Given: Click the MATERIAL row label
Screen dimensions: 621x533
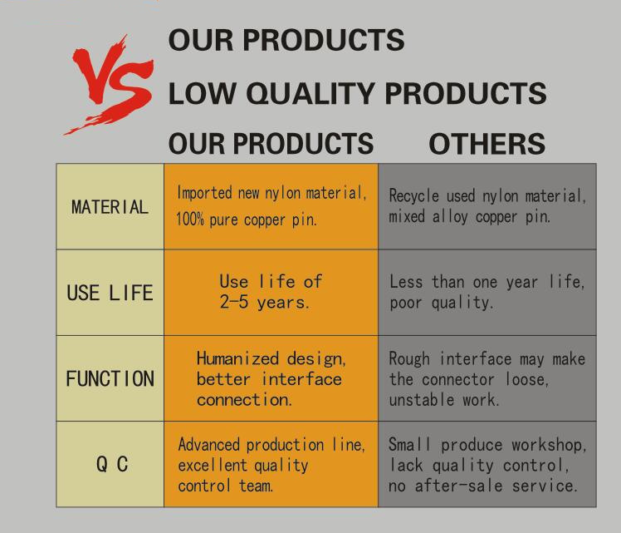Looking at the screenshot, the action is pyautogui.click(x=110, y=207).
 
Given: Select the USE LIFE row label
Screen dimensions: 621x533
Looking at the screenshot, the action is pyautogui.click(x=110, y=293).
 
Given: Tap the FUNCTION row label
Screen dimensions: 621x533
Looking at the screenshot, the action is pyautogui.click(x=110, y=378).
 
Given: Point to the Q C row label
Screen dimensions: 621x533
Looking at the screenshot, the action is pyautogui.click(x=112, y=464).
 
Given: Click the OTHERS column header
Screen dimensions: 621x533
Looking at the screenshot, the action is pyautogui.click(x=487, y=144).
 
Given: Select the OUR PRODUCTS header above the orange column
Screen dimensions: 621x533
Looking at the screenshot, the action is pyautogui.click(x=271, y=144).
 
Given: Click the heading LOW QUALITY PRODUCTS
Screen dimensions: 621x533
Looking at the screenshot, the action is pyautogui.click(x=357, y=94).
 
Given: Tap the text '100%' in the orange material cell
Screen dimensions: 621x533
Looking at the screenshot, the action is pyautogui.click(x=190, y=220).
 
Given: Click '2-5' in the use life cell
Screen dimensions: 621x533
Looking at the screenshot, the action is pyautogui.click(x=234, y=302).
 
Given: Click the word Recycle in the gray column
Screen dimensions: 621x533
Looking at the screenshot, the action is pyautogui.click(x=414, y=196).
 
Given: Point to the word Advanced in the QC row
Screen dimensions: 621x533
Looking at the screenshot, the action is pyautogui.click(x=208, y=445).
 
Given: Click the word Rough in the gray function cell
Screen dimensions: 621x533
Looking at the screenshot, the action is pyautogui.click(x=409, y=359).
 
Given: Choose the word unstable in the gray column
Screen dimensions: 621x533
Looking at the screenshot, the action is pyautogui.click(x=422, y=400).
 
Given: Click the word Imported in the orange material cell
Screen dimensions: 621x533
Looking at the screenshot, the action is pyautogui.click(x=204, y=193).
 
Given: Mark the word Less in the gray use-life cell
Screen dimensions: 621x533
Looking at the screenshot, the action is pyautogui.click(x=406, y=282).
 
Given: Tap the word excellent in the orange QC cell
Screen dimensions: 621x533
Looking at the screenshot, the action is pyautogui.click(x=213, y=465).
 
